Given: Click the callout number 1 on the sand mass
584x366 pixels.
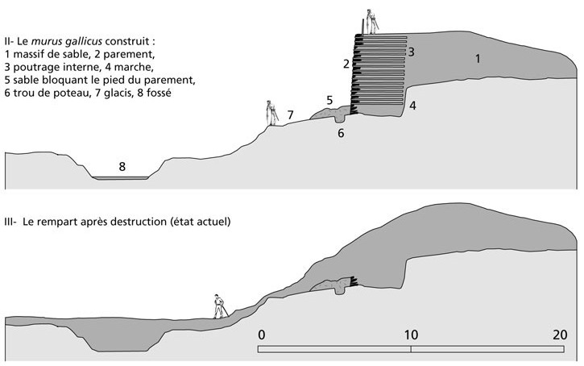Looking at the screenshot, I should (478, 58).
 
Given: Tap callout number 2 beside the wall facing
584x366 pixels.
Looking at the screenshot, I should (345, 63).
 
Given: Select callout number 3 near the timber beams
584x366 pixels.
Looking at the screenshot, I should (411, 52).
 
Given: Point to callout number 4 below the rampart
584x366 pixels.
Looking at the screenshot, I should (412, 106).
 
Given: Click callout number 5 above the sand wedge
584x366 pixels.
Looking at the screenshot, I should (329, 100).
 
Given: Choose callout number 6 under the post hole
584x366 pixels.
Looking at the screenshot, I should (341, 133).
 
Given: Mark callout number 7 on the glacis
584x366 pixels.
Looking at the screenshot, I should (290, 113).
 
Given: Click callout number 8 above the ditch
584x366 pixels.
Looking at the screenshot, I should (122, 166).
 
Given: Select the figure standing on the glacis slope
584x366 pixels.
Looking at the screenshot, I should (271, 112).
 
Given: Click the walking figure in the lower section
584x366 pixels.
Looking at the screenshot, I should (218, 304).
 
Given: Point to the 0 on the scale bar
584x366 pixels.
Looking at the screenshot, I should (261, 335).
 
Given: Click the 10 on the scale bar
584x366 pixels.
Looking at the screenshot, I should (411, 335).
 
